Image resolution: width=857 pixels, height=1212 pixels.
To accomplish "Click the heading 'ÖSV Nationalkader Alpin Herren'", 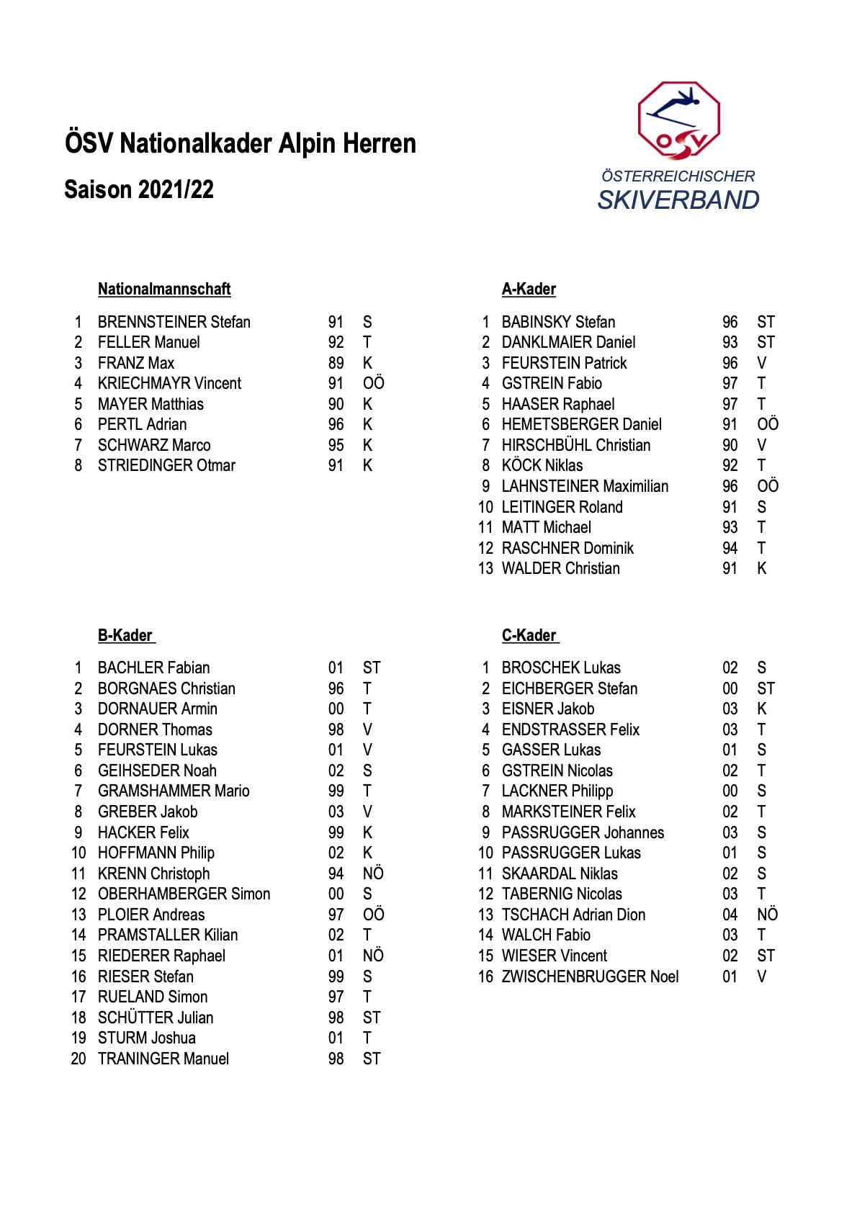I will tap(241, 143).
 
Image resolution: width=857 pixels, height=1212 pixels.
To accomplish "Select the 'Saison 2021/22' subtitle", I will tap(139, 189).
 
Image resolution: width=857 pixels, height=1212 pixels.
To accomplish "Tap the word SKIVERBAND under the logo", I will tap(678, 199).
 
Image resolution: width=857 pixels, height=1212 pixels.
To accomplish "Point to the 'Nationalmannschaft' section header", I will tap(164, 289).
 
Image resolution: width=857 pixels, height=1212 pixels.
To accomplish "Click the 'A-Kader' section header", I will tap(529, 289).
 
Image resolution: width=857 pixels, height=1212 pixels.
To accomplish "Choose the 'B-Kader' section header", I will tap(125, 635).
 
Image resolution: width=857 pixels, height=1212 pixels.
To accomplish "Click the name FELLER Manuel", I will tap(149, 342).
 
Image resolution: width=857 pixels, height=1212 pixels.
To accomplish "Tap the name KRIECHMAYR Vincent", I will tap(170, 383).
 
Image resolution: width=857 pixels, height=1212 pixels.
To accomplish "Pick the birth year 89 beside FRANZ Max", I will tap(336, 363).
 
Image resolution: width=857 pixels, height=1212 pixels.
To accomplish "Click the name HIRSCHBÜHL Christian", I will tap(576, 445).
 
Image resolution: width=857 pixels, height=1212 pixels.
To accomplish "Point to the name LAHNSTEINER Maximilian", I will tap(585, 486).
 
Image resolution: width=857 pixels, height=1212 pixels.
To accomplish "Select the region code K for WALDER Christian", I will tap(762, 568).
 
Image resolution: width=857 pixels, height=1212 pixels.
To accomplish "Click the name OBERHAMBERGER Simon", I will tap(184, 894).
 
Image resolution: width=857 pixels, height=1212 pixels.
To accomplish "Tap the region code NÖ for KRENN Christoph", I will tap(373, 874).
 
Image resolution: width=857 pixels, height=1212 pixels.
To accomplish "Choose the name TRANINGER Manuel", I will tap(163, 1059).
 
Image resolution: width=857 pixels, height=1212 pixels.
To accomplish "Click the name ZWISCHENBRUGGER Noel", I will tap(590, 977).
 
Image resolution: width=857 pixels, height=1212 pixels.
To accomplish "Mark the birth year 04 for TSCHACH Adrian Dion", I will tap(730, 915).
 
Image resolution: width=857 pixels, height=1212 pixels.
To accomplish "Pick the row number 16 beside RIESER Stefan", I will tap(78, 977).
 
